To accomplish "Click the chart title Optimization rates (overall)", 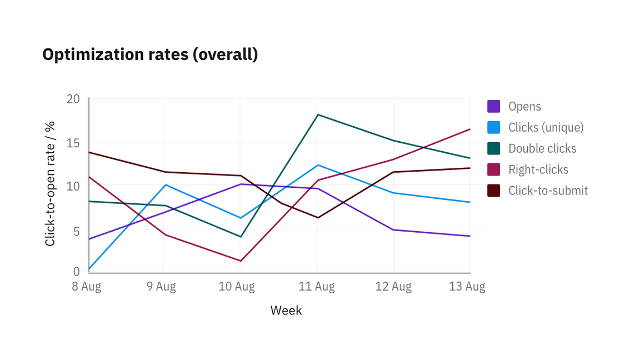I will click(x=150, y=54).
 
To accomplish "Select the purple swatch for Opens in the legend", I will click(x=493, y=106).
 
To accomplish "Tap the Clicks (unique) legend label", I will click(x=546, y=127).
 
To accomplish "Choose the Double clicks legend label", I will click(x=542, y=148).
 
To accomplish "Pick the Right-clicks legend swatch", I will click(x=493, y=169).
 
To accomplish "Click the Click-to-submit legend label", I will click(x=548, y=191).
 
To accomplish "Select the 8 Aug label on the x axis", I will click(x=86, y=287).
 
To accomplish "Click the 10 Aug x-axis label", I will click(x=237, y=287).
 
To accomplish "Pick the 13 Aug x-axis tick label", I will click(x=467, y=287).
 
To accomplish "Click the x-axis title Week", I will click(x=286, y=311).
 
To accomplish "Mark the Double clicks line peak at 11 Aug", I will click(x=317, y=114).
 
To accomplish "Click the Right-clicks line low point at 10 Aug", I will click(x=240, y=261).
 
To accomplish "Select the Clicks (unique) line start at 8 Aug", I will click(x=89, y=269).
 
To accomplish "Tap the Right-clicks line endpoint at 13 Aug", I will click(x=470, y=129).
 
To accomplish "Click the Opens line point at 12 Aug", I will click(x=393, y=229).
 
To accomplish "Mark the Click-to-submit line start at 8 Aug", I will click(x=89, y=152).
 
